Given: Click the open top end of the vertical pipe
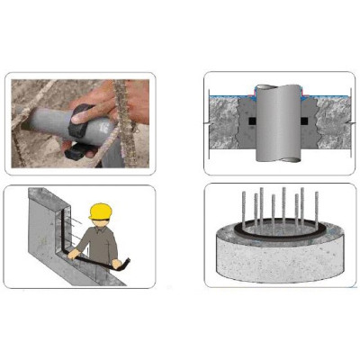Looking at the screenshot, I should click(x=274, y=90).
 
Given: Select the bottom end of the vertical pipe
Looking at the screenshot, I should click(x=274, y=160).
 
